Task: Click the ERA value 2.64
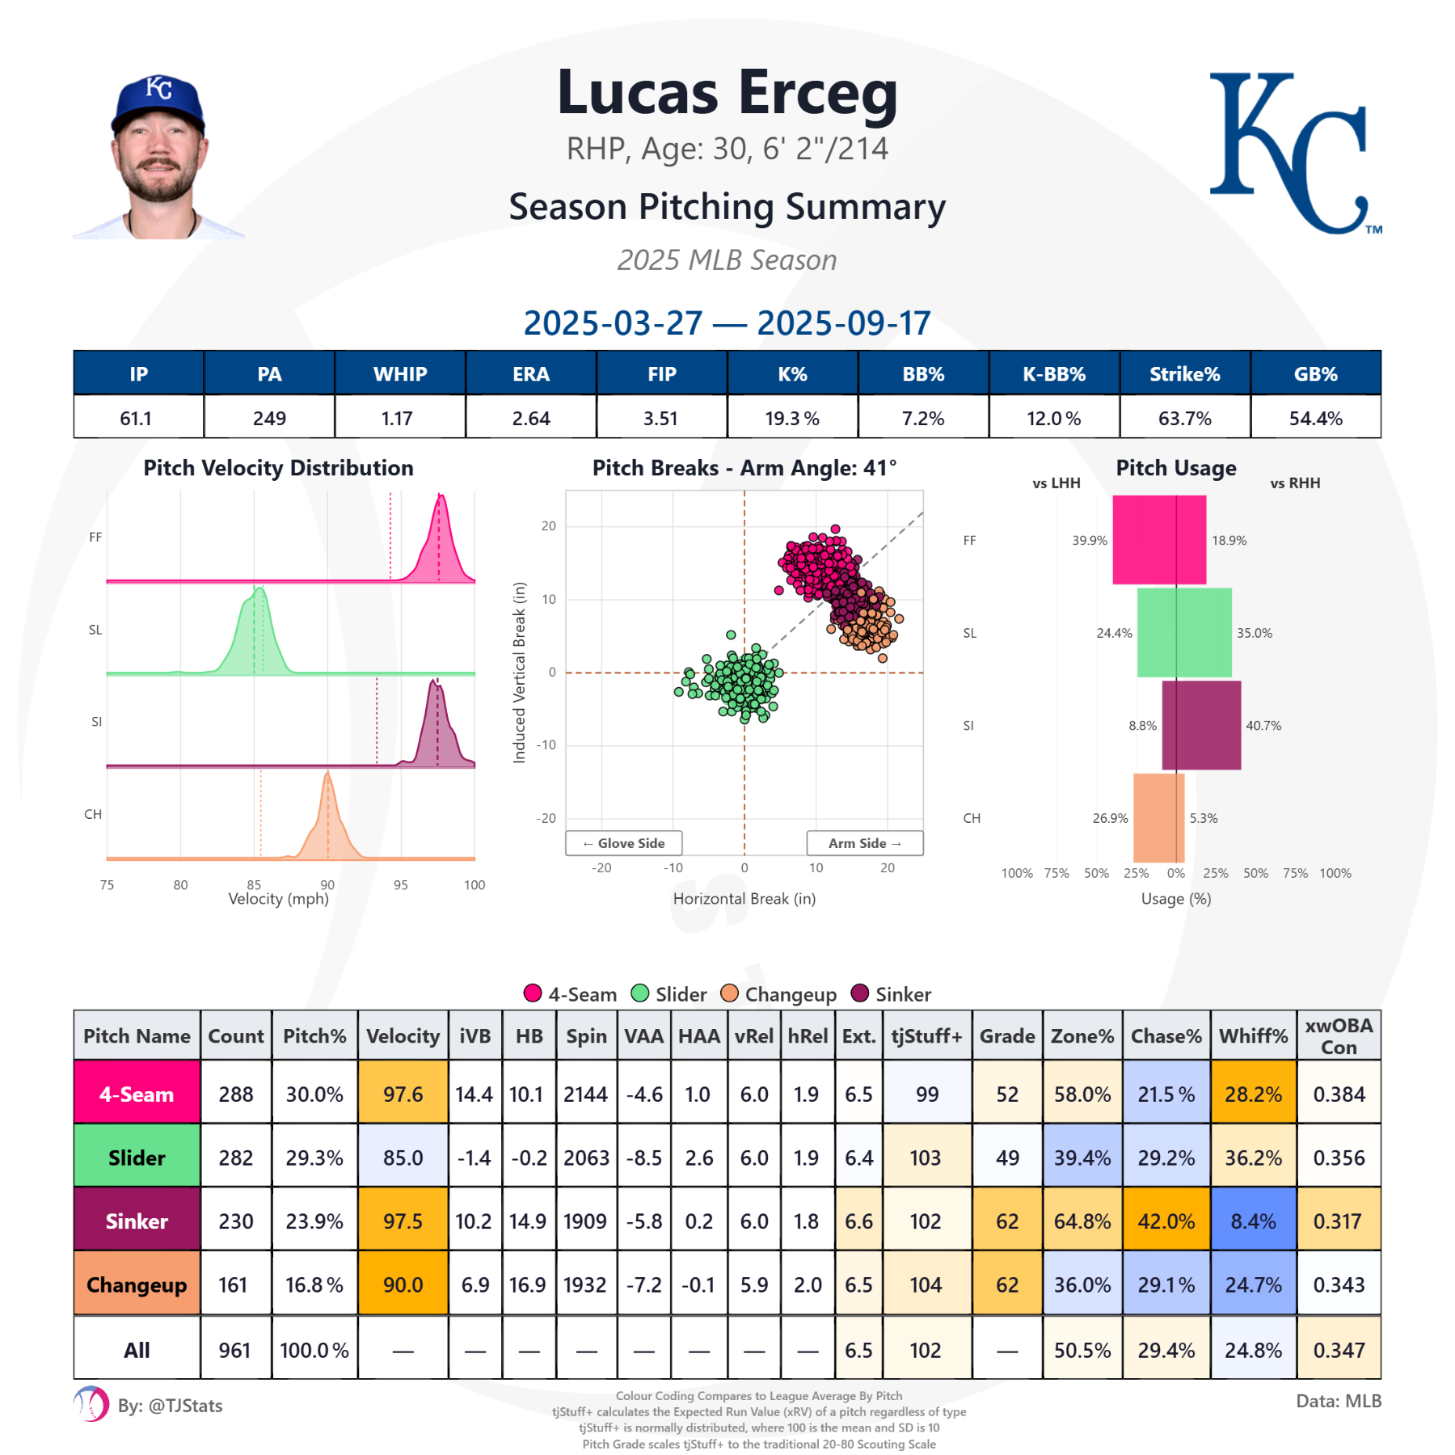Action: pyautogui.click(x=531, y=418)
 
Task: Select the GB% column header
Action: pyautogui.click(x=1315, y=373)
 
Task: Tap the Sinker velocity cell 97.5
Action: pyautogui.click(x=403, y=1221)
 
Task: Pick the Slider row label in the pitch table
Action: pyautogui.click(x=137, y=1158)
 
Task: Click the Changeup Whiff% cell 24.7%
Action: pyautogui.click(x=1253, y=1284)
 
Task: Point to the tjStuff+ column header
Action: pyautogui.click(x=926, y=1035)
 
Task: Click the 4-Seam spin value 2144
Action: pyautogui.click(x=586, y=1094)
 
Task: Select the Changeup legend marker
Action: pyautogui.click(x=730, y=993)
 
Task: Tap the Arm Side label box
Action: pyautogui.click(x=864, y=843)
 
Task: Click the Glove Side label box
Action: pyautogui.click(x=624, y=843)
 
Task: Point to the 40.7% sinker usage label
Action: pyautogui.click(x=1263, y=726)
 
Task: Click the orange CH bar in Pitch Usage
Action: pyautogui.click(x=1158, y=818)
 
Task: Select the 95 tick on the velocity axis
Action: pyautogui.click(x=401, y=885)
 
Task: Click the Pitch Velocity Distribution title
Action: pyautogui.click(x=278, y=468)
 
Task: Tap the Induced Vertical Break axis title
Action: pyautogui.click(x=520, y=673)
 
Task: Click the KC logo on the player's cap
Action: pyautogui.click(x=159, y=88)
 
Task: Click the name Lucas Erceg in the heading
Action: pyautogui.click(x=727, y=93)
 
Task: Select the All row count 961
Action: pyautogui.click(x=234, y=1350)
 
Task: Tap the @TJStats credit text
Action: pyautogui.click(x=171, y=1406)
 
